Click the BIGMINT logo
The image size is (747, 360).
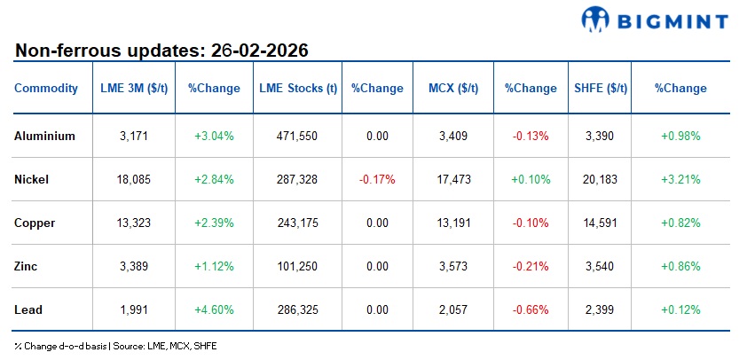[654, 20]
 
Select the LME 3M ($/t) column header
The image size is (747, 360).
[134, 89]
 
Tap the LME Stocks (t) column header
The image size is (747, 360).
[298, 89]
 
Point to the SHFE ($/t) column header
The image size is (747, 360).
[600, 89]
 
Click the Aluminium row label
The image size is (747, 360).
[45, 137]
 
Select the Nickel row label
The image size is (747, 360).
[32, 179]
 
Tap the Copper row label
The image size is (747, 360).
[35, 223]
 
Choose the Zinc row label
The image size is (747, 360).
[28, 266]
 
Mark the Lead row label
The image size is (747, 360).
[28, 309]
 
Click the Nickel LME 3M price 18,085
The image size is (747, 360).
[134, 179]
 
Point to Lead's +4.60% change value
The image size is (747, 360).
[214, 309]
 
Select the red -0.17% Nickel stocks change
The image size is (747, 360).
[377, 179]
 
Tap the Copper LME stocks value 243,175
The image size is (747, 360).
[298, 223]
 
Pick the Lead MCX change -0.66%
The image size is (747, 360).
[531, 309]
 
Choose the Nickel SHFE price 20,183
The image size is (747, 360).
[600, 179]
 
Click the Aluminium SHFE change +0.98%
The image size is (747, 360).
[680, 137]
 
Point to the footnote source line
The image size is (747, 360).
[115, 346]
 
